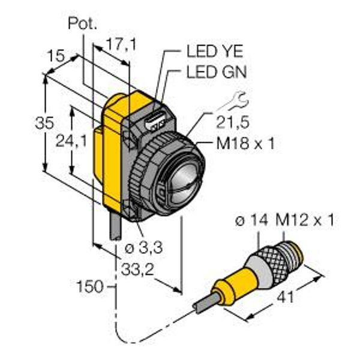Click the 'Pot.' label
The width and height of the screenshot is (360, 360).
click(82, 23)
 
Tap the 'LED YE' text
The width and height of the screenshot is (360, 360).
click(215, 51)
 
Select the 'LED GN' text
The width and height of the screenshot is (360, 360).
click(217, 71)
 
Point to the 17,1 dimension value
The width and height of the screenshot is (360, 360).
click(121, 44)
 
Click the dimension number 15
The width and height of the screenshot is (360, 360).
click(56, 56)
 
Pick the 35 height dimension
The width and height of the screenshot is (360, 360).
click(44, 122)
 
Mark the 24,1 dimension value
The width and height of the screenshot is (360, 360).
click(71, 140)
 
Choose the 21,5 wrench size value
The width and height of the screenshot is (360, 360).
click(233, 122)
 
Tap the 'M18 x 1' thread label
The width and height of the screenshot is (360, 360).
click(245, 144)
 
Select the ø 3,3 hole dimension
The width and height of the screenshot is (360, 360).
click(144, 248)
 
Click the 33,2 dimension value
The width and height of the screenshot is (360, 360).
click(137, 269)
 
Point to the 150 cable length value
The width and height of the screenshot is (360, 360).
click(90, 287)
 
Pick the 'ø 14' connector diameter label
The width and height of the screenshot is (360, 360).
click(251, 220)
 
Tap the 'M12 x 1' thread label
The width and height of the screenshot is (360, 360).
click(305, 220)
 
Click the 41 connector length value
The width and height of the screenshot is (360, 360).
click(286, 298)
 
